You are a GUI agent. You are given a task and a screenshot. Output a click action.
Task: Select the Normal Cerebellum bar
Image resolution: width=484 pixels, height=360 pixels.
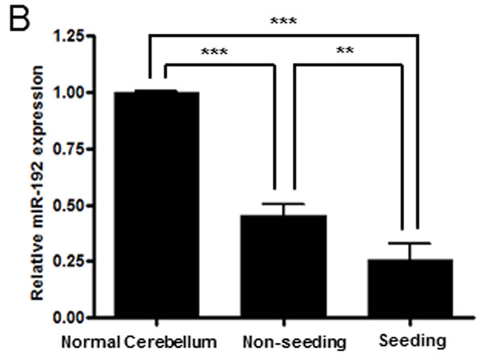coord(156,204)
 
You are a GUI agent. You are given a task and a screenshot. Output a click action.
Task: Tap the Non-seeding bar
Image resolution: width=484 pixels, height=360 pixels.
coord(284,266)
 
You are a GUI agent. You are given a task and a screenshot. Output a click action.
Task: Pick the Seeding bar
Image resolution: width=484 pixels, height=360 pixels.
coord(411,288)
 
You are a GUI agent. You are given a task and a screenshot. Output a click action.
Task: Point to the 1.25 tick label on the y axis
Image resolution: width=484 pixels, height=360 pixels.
coord(69,36)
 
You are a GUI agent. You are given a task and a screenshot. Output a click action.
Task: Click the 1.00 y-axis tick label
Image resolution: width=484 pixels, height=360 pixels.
coord(69,93)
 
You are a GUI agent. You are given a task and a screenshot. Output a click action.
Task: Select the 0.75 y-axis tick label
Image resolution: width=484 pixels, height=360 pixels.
coord(69,149)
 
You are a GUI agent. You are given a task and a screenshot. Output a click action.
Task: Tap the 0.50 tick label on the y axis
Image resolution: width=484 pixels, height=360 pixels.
coord(69,205)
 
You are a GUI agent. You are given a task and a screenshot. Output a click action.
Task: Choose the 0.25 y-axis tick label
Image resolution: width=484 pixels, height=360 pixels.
coord(69,262)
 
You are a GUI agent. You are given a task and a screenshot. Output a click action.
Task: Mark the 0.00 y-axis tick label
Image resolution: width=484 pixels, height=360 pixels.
coord(69,318)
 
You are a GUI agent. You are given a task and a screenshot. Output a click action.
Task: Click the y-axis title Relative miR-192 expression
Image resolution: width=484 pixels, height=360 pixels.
coord(37,182)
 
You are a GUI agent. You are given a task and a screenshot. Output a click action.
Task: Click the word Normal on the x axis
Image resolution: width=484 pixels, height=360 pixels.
coord(90,342)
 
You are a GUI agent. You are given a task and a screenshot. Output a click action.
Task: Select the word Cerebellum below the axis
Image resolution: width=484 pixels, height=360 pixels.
coord(171,342)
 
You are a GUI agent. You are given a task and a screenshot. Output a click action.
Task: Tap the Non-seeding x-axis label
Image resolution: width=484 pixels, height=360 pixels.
coord(294,342)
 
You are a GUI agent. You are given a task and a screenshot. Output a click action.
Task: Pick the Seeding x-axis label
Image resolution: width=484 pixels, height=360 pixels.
coord(412,341)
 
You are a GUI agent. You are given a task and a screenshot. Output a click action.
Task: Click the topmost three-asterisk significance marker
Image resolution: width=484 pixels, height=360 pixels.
coord(283,21)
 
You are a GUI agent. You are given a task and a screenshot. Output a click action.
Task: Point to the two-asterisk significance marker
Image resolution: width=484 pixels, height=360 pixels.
coord(344,50)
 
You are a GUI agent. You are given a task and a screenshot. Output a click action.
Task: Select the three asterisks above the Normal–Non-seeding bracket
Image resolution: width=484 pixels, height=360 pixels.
coord(215,52)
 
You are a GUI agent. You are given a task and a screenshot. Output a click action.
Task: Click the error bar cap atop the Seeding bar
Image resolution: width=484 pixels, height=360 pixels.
coord(410,244)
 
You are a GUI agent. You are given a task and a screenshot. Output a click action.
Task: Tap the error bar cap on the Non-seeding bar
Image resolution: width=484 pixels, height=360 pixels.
coord(284,203)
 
